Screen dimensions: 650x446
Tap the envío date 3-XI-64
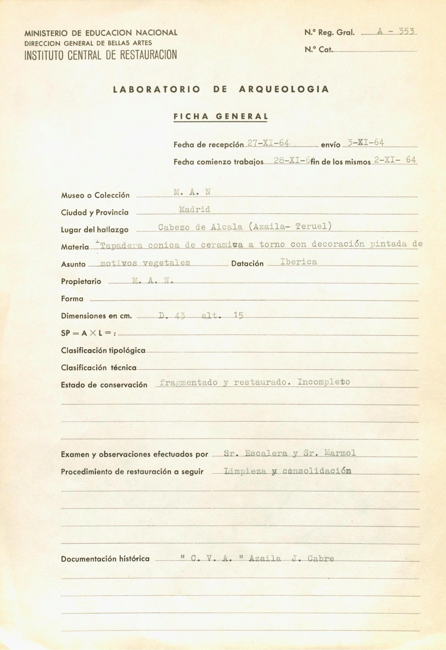point(365,143)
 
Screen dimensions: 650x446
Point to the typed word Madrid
point(195,209)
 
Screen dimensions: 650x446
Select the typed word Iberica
point(299,262)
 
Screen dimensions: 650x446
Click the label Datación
point(247,264)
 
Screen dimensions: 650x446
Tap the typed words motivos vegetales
point(145,263)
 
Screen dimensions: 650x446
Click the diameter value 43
point(180,316)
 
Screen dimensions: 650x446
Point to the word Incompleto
point(324,382)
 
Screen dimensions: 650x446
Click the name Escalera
point(266,453)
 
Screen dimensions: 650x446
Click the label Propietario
point(81,281)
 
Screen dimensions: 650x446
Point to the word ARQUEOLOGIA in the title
point(284,89)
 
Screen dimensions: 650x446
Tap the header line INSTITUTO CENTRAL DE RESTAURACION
point(101,55)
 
